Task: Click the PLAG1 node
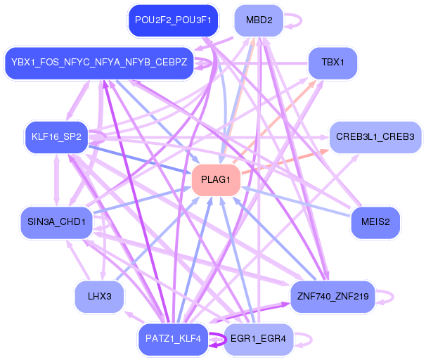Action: coord(216,180)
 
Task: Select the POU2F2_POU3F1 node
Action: coord(173,20)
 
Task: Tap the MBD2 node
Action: coord(259,20)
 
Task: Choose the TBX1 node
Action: coord(333,62)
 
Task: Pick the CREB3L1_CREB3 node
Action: coord(375,136)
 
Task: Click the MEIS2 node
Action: coord(375,222)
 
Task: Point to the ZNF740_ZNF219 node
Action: coord(333,296)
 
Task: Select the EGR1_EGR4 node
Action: coord(258,339)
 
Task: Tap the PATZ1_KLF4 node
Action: coord(173,339)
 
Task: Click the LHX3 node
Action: coord(100,296)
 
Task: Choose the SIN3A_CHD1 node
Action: coord(56,222)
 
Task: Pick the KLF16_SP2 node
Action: coord(56,136)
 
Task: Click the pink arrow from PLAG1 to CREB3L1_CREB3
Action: coord(281,162)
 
